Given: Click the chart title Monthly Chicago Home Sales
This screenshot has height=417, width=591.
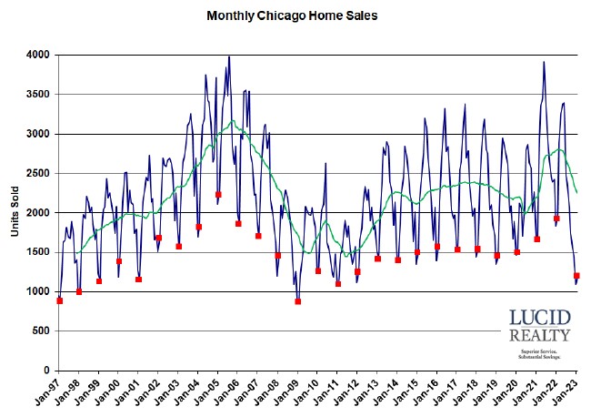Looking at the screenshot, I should pyautogui.click(x=292, y=15).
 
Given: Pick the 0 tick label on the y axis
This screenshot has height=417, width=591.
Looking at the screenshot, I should pyautogui.click(x=45, y=371).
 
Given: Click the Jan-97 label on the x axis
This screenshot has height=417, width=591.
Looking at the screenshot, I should pyautogui.click(x=51, y=392).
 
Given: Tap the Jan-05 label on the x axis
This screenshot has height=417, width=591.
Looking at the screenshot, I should pyautogui.click(x=210, y=392).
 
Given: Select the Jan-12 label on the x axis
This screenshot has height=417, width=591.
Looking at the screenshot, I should pyautogui.click(x=349, y=392).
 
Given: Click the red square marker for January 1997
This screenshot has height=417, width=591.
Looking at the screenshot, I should pyautogui.click(x=60, y=300).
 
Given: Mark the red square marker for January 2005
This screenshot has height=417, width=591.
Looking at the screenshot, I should pyautogui.click(x=218, y=194).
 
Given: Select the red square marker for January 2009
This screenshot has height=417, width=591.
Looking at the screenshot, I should pyautogui.click(x=298, y=301).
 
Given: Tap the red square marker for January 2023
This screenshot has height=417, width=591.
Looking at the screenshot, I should pyautogui.click(x=576, y=276).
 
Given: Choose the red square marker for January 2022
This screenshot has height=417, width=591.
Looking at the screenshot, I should pyautogui.click(x=556, y=219).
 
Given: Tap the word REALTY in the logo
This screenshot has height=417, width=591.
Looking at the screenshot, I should pyautogui.click(x=538, y=337).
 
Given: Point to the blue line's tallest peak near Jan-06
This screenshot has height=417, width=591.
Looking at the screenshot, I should pyautogui.click(x=228, y=56).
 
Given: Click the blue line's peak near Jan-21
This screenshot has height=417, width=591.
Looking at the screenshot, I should pyautogui.click(x=544, y=62).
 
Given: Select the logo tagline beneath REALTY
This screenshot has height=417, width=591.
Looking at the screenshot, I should pyautogui.click(x=538, y=353).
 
